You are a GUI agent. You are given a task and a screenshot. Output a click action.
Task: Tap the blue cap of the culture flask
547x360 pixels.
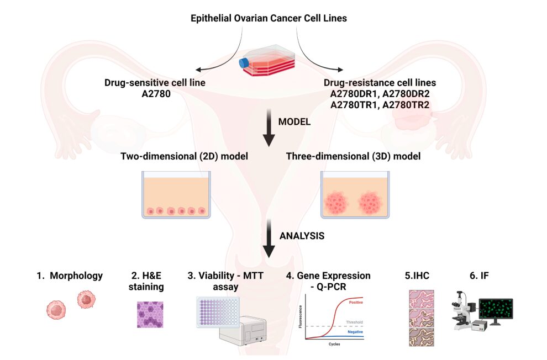click(x=244, y=63)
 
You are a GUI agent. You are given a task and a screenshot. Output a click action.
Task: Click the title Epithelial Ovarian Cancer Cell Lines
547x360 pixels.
click(x=269, y=18)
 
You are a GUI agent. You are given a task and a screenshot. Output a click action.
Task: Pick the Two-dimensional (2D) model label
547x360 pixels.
click(x=184, y=156)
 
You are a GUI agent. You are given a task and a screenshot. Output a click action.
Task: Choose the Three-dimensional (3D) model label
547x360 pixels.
click(x=353, y=156)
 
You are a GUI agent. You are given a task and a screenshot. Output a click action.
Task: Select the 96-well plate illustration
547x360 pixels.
click(x=218, y=311)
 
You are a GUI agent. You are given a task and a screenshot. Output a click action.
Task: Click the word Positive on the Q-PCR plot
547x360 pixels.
click(x=353, y=301)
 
